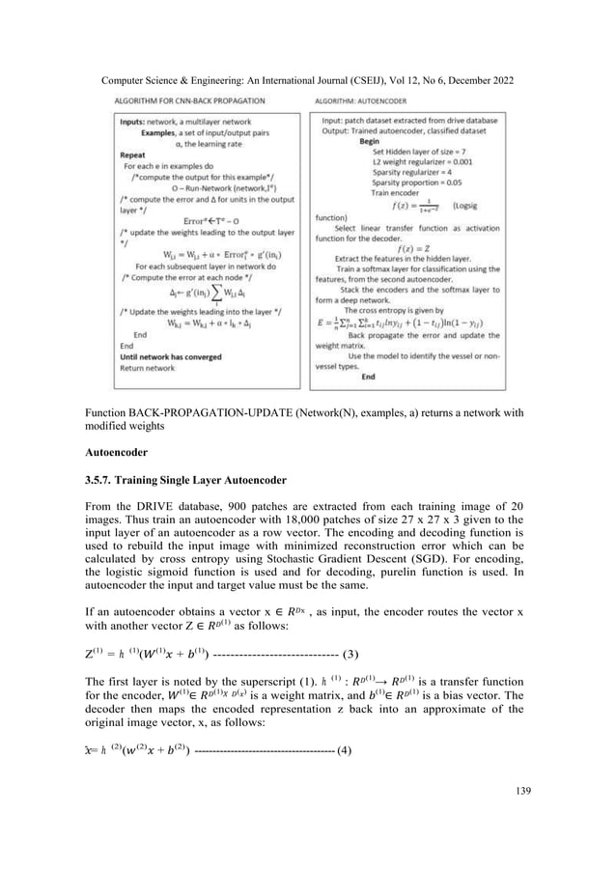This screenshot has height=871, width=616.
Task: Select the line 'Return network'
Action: [x=146, y=367]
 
